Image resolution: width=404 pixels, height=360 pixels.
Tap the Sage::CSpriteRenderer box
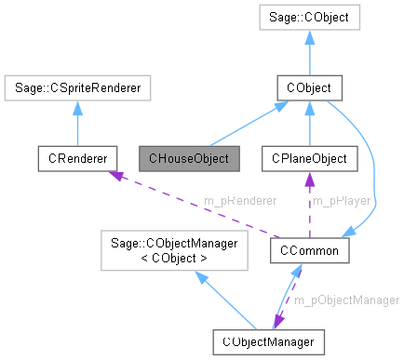click(x=76, y=88)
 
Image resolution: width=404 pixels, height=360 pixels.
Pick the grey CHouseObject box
click(x=189, y=158)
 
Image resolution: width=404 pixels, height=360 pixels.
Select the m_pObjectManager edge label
click(x=346, y=300)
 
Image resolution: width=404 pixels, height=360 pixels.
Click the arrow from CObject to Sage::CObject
click(x=315, y=52)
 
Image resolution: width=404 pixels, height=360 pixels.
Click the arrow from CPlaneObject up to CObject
click(x=306, y=123)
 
